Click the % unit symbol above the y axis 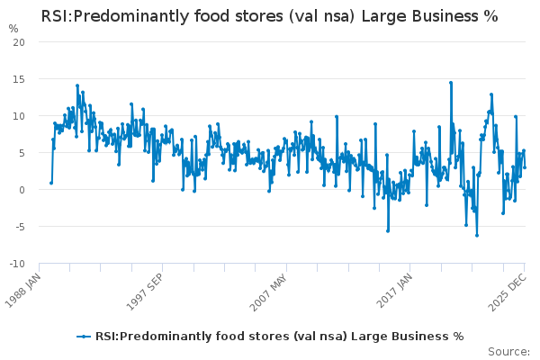pos(13,28)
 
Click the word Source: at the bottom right pos(508,351)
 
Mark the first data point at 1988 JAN pos(51,183)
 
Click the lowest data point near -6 pos(477,235)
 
